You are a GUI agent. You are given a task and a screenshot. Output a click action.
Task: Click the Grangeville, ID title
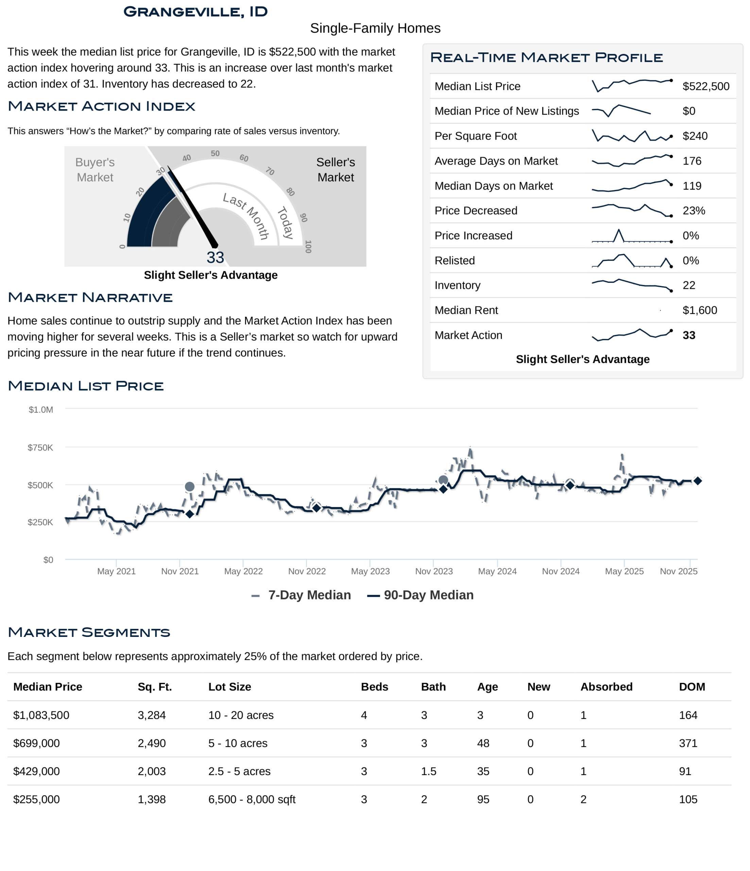click(x=195, y=12)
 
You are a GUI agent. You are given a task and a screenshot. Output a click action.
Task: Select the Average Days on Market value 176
click(x=692, y=161)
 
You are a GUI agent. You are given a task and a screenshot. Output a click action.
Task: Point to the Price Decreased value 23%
click(x=693, y=211)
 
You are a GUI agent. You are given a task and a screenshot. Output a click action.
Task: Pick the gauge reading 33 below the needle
click(x=215, y=257)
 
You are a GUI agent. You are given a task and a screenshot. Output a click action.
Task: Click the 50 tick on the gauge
click(x=215, y=153)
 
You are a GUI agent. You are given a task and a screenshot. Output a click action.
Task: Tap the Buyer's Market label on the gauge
click(x=95, y=170)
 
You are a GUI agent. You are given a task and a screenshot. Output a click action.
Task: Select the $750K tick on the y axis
click(x=40, y=448)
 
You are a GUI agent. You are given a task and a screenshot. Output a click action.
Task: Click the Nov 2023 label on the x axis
click(x=433, y=571)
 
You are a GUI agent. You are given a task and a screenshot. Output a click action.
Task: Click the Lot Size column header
click(x=229, y=687)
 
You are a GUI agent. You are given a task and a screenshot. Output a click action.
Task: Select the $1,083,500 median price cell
click(x=41, y=715)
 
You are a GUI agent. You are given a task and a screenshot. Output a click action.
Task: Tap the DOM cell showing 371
click(x=688, y=743)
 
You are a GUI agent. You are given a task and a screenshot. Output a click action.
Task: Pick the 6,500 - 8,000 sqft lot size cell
click(x=252, y=799)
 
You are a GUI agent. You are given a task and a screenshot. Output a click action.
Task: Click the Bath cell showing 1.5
click(x=429, y=771)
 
